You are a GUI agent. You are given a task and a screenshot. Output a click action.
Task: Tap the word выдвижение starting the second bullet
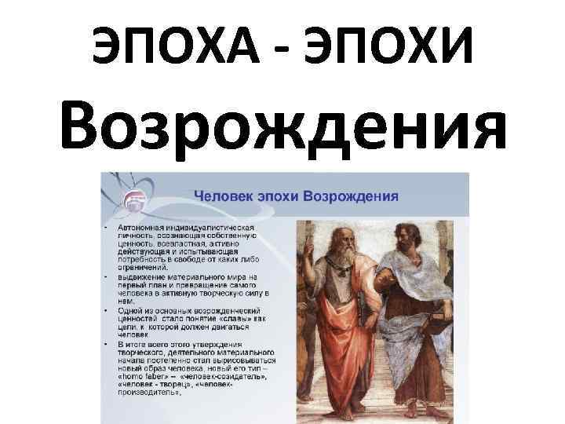(143, 277)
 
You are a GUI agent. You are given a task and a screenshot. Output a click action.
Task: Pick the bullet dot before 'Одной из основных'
(107, 310)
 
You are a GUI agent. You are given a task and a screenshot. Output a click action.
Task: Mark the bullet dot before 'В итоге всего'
(107, 344)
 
